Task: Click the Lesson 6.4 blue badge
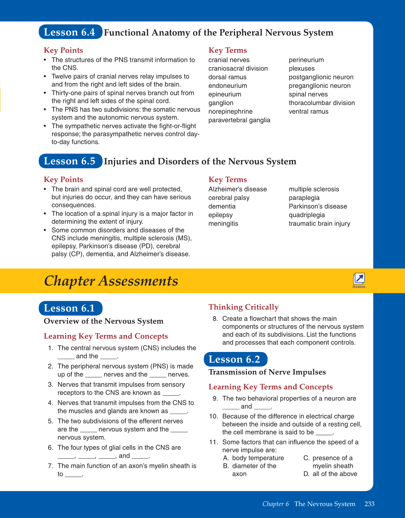tap(70, 32)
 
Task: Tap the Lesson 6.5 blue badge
tap(70, 161)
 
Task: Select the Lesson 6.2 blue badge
tap(235, 359)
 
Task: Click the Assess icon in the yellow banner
tap(359, 279)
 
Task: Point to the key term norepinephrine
tap(230, 111)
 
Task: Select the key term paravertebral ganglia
tap(239, 120)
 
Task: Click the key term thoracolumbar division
tap(322, 103)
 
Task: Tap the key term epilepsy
tap(220, 215)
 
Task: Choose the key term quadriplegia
tap(307, 215)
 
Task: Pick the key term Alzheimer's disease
tap(238, 189)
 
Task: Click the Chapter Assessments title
tap(111, 281)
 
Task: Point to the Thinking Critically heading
tap(243, 307)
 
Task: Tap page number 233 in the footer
tap(369, 504)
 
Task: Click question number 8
tap(215, 319)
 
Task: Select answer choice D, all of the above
tap(330, 474)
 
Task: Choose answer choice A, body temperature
tap(254, 458)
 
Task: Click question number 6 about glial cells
tap(50, 448)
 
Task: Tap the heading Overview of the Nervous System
tap(103, 321)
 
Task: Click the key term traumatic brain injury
tap(319, 224)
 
